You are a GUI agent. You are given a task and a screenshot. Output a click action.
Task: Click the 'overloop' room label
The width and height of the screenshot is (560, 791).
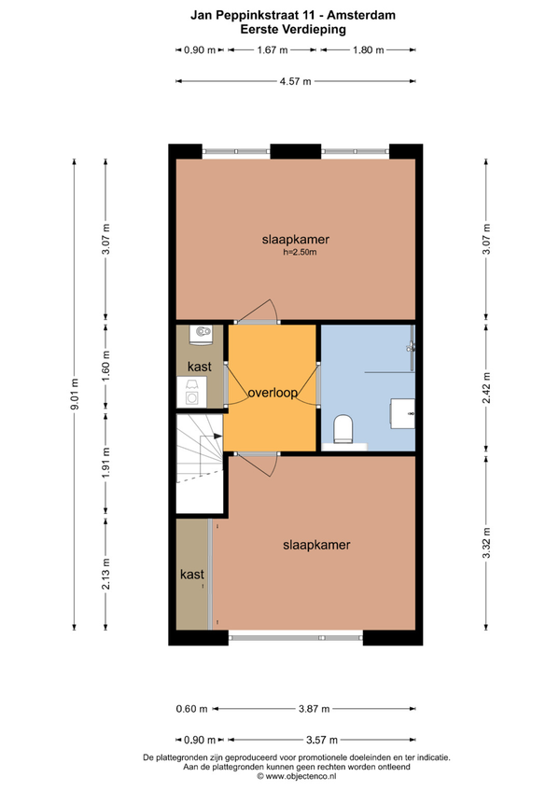[273, 393]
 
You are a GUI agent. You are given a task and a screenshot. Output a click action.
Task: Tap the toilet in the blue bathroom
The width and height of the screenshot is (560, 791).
[343, 429]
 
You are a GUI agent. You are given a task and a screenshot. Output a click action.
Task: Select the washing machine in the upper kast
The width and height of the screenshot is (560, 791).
[192, 392]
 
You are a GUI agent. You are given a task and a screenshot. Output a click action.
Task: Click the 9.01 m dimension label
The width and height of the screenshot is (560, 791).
[75, 395]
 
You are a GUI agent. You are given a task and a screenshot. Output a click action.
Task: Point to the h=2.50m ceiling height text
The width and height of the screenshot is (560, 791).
[300, 252]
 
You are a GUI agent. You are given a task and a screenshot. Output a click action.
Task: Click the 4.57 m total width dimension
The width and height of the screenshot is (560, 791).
[296, 81]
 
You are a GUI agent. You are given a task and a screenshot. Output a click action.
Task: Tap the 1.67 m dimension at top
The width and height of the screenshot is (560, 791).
[273, 50]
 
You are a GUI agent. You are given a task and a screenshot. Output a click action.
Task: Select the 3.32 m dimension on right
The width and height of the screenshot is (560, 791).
[486, 543]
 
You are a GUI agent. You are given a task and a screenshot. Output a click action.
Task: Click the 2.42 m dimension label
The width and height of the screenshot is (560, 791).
[486, 387]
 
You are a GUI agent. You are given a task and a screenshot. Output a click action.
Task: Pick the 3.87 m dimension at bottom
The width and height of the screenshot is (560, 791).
[315, 709]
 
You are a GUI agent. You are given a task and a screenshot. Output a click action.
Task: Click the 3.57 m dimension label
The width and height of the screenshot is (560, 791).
[322, 740]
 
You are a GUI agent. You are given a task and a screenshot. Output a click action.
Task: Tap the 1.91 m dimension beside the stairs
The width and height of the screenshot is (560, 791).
[105, 463]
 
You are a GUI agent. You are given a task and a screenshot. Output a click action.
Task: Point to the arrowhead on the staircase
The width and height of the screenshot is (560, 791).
[217, 436]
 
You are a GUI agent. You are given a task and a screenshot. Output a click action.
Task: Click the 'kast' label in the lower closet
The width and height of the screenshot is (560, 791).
[192, 574]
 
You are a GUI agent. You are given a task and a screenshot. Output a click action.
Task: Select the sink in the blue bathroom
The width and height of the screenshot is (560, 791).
[403, 413]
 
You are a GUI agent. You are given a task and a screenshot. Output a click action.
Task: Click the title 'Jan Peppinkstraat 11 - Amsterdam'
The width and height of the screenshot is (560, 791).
[293, 15]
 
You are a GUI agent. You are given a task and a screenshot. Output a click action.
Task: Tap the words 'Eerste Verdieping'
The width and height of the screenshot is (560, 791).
[293, 29]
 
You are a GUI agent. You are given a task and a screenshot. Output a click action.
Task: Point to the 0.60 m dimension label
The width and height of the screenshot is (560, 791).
[192, 709]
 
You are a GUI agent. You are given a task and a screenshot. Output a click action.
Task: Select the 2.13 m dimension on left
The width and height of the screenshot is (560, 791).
[105, 574]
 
